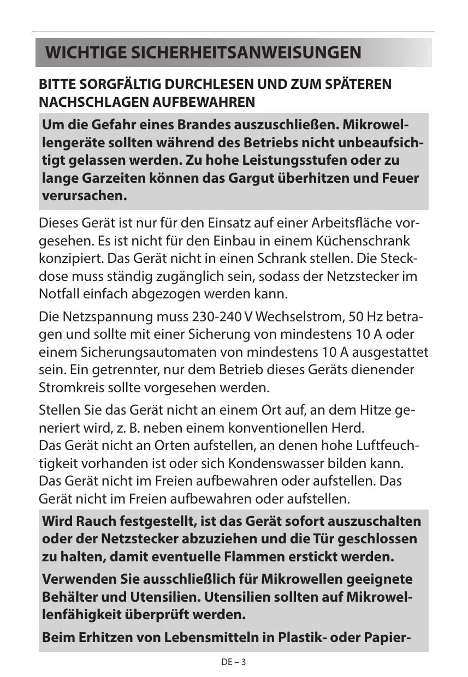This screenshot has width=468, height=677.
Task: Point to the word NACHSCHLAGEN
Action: tap(91, 102)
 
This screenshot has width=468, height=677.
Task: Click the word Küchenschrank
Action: tap(364, 241)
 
